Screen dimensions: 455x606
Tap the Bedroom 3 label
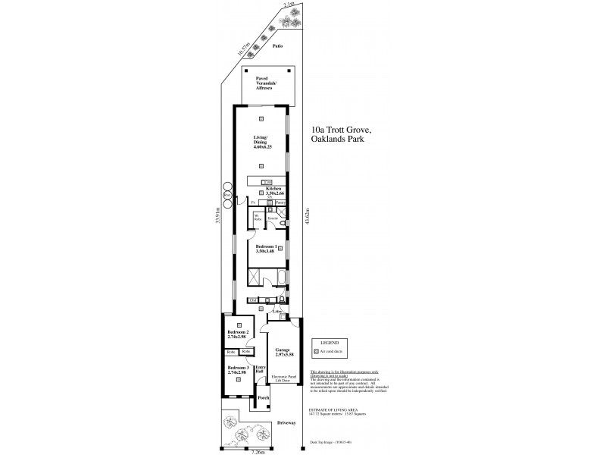(239, 369)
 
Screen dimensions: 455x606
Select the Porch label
(263, 398)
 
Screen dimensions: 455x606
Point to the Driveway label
(286, 422)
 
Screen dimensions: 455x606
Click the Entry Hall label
(260, 370)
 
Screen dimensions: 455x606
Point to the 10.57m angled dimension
(243, 50)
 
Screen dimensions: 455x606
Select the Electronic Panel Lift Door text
(282, 379)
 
